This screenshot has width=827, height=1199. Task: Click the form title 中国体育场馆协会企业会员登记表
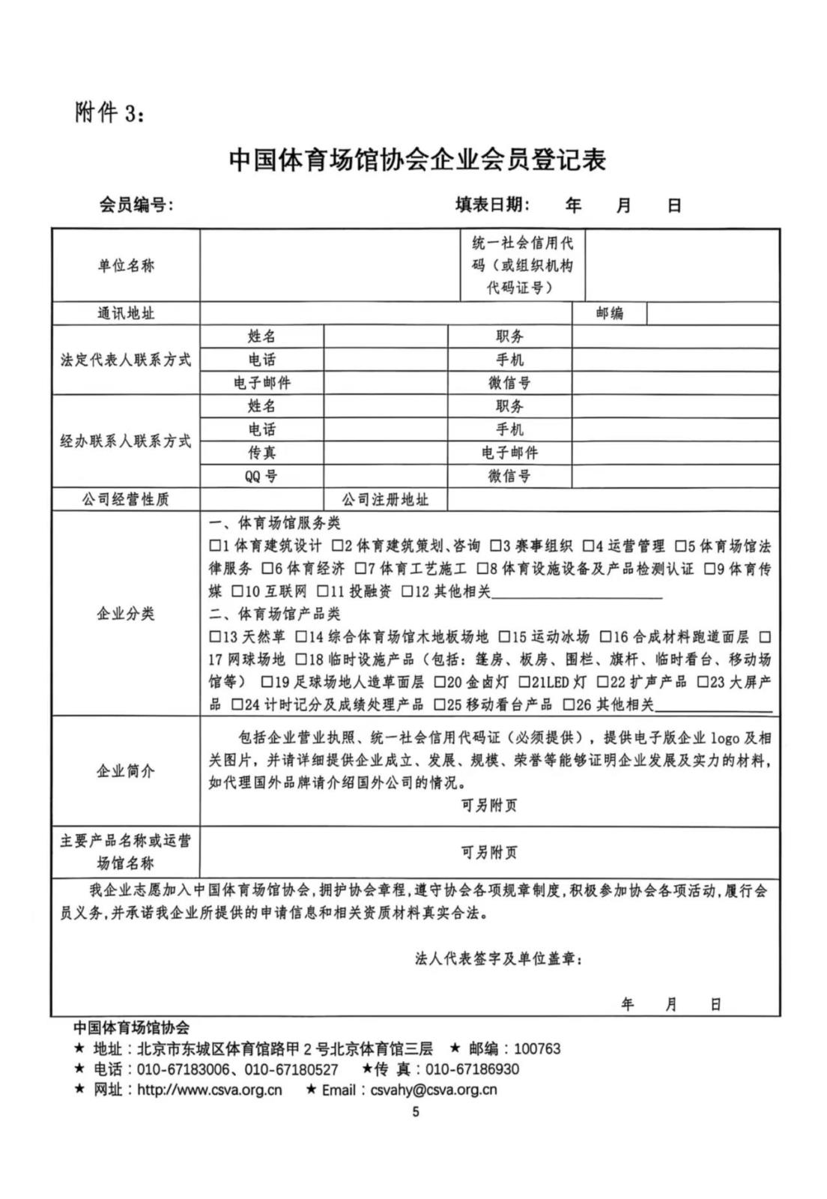(416, 160)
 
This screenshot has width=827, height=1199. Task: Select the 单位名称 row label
(125, 265)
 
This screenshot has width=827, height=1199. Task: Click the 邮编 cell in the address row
(609, 313)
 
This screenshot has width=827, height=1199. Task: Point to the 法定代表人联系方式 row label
(125, 360)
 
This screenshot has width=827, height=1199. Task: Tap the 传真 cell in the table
(261, 453)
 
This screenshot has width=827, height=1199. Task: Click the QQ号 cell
(261, 476)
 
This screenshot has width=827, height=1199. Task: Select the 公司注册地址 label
(385, 500)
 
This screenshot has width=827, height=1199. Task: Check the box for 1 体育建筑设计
(215, 546)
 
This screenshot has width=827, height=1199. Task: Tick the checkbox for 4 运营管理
(589, 546)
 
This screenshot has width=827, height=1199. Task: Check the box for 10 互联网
(237, 592)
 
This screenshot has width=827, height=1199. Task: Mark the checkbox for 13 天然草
(215, 638)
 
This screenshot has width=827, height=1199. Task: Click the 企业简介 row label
(125, 770)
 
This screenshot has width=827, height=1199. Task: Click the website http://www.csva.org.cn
(210, 1090)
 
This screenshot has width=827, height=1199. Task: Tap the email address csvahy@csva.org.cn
(434, 1090)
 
